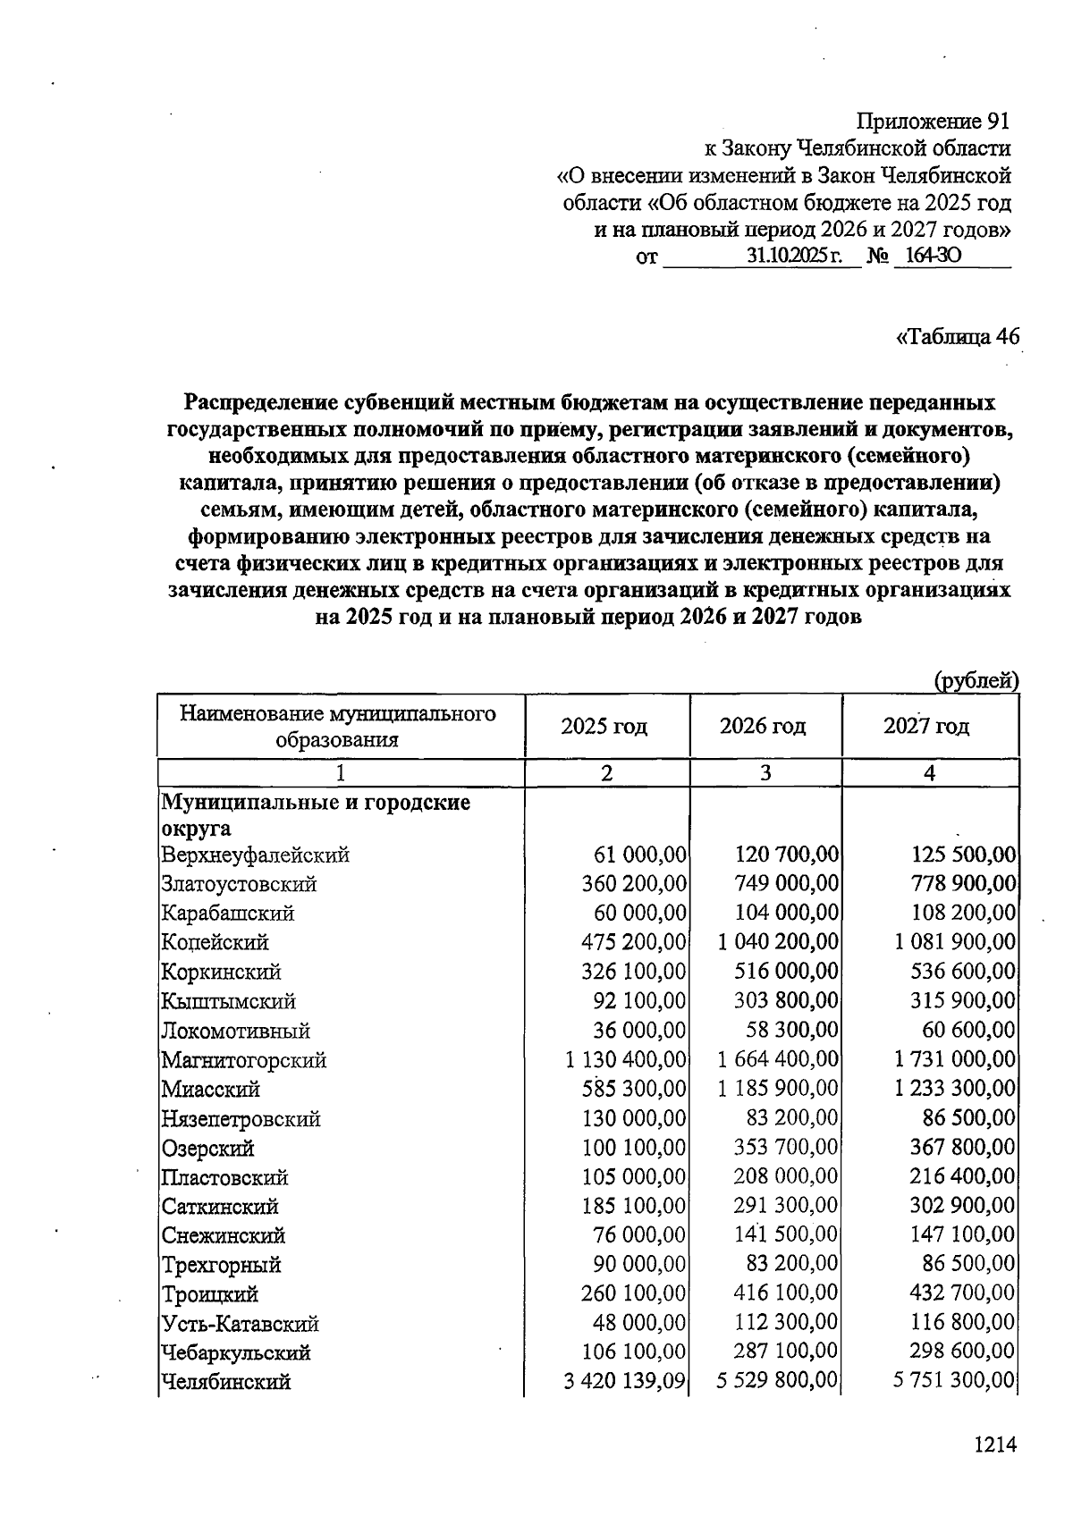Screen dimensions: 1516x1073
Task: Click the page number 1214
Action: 995,1444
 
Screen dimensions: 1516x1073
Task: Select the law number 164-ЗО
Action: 933,257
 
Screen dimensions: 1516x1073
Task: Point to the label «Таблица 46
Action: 957,337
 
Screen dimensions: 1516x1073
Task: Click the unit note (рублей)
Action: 976,681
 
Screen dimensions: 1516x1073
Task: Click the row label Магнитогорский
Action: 244,1061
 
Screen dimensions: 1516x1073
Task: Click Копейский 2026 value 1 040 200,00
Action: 778,942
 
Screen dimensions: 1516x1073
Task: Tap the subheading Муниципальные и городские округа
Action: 315,814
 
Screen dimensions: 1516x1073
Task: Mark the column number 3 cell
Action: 765,773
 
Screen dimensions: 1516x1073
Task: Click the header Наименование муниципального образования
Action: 338,726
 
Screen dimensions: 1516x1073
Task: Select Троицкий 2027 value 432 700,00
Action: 962,1294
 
